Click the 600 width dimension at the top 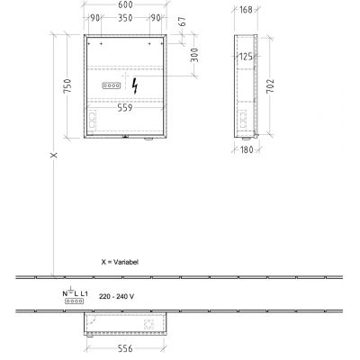(x=128, y=5)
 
